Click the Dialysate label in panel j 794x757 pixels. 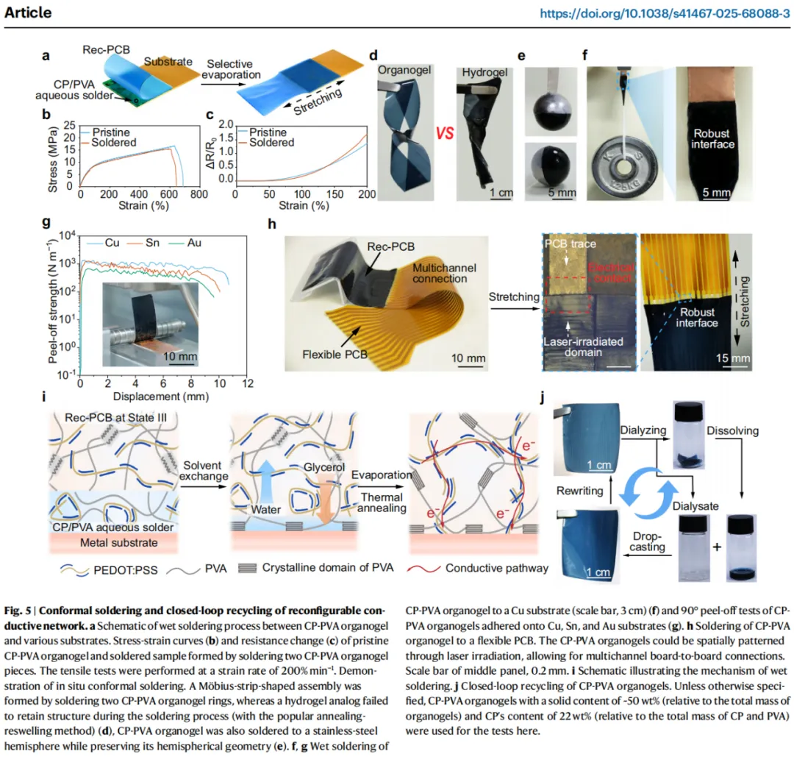[695, 506]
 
